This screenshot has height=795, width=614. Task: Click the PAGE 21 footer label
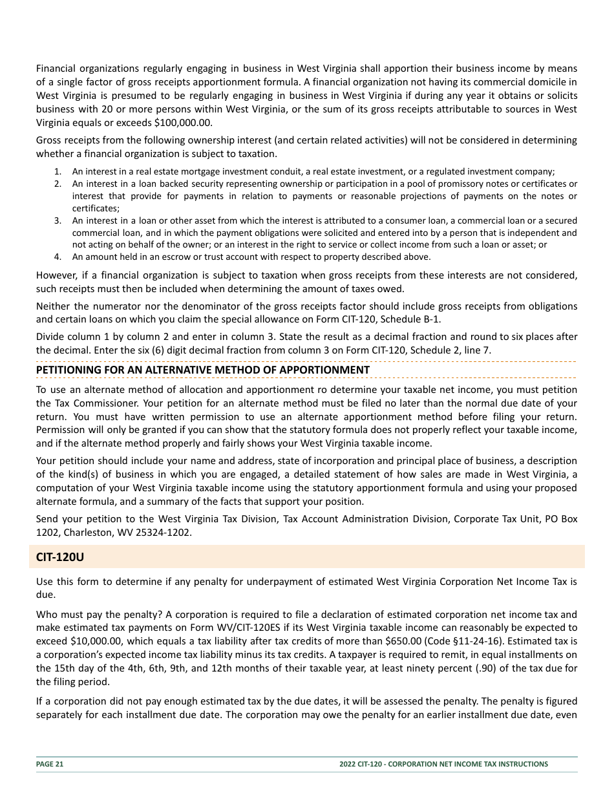pyautogui.click(x=50, y=764)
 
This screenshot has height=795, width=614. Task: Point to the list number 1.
pyautogui.click(x=58, y=171)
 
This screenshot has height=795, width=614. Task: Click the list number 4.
pyautogui.click(x=58, y=257)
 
